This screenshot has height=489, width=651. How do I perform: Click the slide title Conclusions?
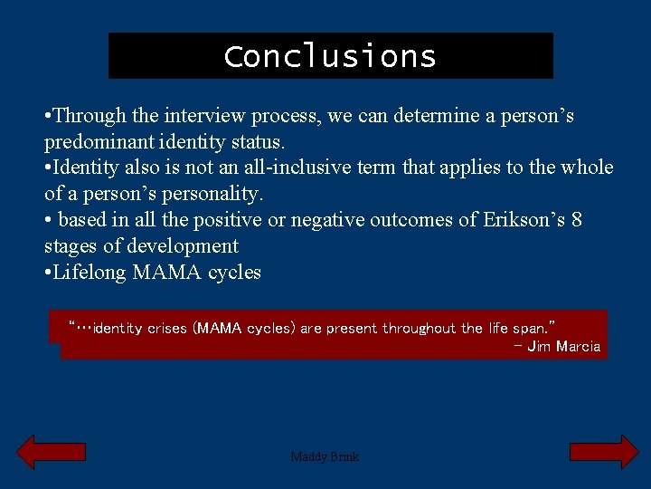click(330, 56)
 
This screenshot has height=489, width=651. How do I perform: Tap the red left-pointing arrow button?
click(52, 452)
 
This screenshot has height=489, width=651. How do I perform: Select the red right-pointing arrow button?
click(603, 452)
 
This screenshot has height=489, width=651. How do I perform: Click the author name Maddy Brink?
click(325, 456)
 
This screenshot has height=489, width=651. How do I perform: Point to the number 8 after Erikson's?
click(577, 220)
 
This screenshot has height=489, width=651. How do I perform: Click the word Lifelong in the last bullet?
click(90, 273)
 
